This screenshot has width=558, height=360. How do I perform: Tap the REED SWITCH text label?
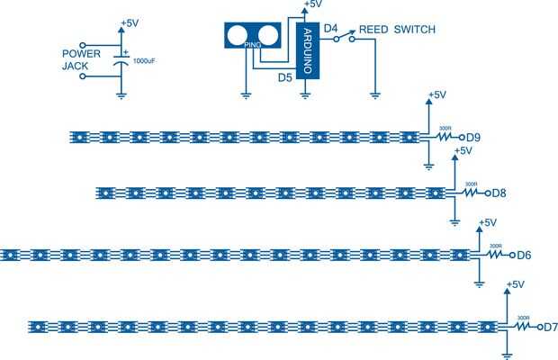point(397,30)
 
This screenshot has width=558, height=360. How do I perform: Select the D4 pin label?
point(330,30)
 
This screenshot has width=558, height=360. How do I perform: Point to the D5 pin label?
point(285,77)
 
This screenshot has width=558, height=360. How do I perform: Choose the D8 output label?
point(498,192)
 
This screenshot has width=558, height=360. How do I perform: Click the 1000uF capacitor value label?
point(145,60)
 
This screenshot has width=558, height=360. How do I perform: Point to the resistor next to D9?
point(445,137)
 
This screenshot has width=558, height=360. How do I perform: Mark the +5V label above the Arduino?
point(313,4)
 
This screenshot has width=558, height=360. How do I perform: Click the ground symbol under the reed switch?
point(374,93)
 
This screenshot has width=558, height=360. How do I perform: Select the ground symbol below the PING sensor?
point(246,93)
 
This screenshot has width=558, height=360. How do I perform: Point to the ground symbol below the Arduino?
point(307,93)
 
